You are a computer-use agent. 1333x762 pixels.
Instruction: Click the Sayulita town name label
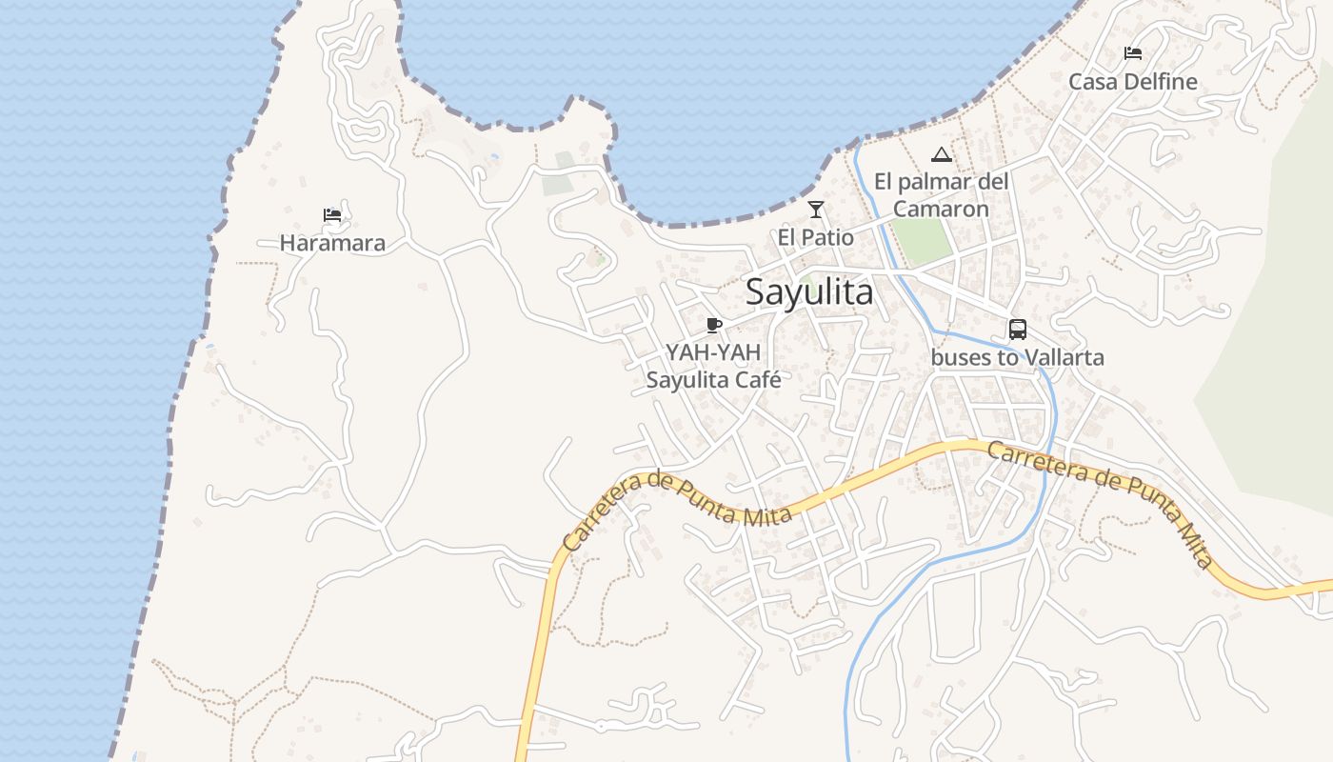pyautogui.click(x=808, y=291)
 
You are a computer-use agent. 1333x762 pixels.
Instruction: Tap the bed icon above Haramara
pyautogui.click(x=331, y=215)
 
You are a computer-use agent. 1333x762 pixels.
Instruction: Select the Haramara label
pyautogui.click(x=332, y=243)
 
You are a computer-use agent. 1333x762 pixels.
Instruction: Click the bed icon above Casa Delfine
pyautogui.click(x=1132, y=53)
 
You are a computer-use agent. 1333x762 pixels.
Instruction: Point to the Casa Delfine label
pyautogui.click(x=1132, y=82)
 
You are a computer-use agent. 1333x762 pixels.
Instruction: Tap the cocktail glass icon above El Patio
pyautogui.click(x=815, y=210)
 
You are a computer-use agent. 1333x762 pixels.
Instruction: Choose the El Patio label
pyautogui.click(x=815, y=237)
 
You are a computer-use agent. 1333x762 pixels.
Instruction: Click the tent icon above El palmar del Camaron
pyautogui.click(x=941, y=154)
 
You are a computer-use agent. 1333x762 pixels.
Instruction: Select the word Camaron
pyautogui.click(x=941, y=209)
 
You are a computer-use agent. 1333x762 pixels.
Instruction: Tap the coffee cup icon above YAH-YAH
pyautogui.click(x=714, y=326)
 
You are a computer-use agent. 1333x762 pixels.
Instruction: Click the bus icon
pyautogui.click(x=1017, y=330)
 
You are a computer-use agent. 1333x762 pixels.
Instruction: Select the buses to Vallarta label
pyautogui.click(x=1017, y=358)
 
